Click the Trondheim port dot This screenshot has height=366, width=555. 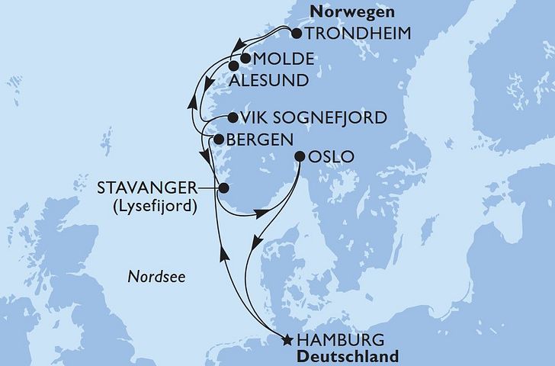click(x=296, y=34)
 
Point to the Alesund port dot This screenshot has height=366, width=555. click(x=234, y=66)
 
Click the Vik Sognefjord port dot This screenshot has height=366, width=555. click(x=233, y=117)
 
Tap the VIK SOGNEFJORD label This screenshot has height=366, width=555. click(x=313, y=118)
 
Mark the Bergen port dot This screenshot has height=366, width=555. click(x=218, y=140)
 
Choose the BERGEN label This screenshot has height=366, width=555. click(x=258, y=140)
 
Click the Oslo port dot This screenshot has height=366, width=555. click(x=298, y=157)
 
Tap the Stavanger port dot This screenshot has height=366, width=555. click(x=223, y=188)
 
